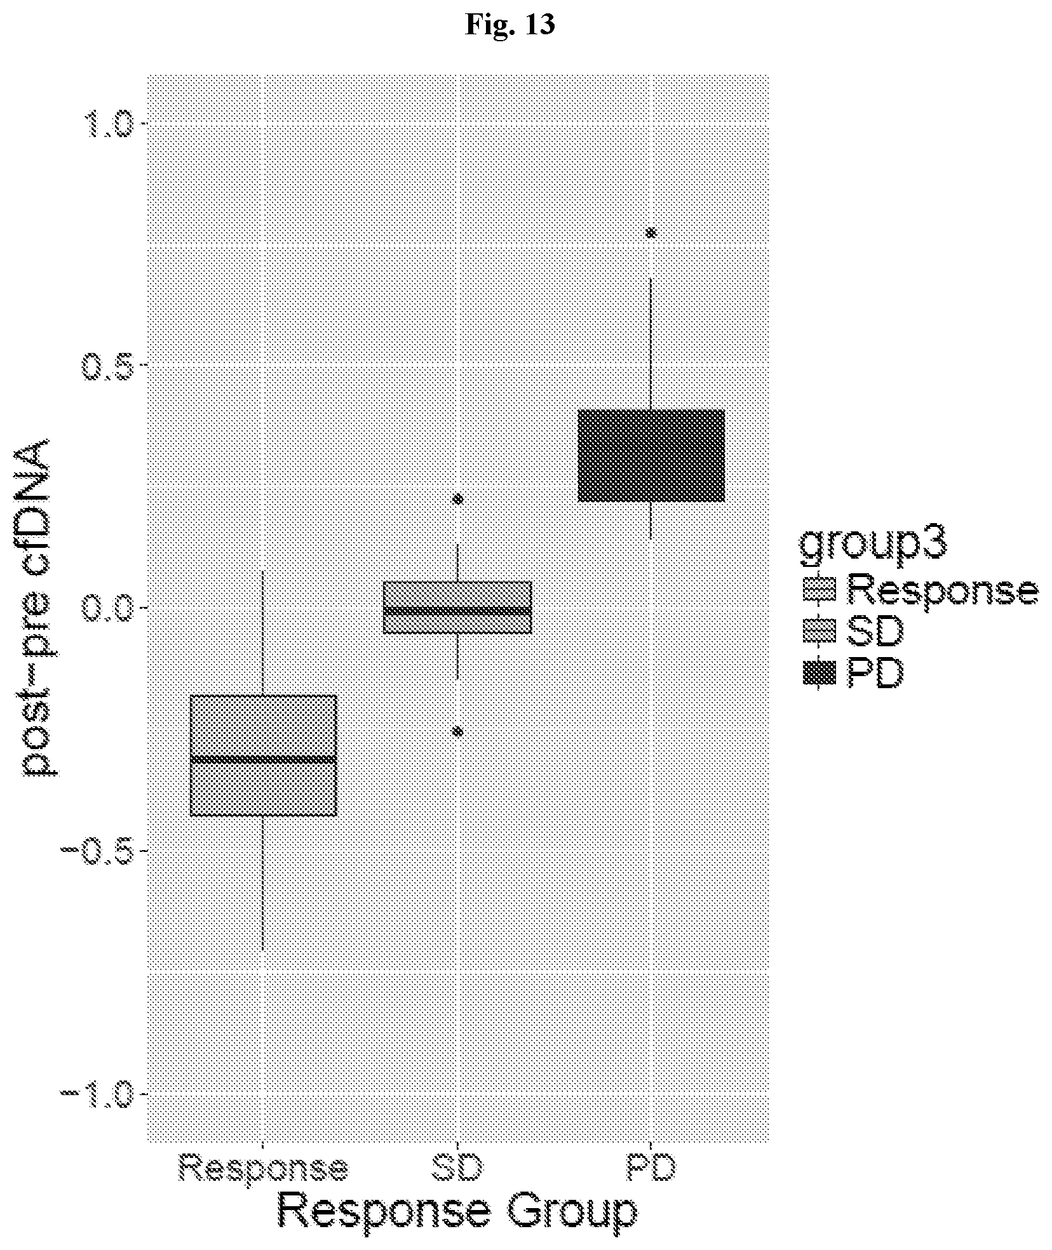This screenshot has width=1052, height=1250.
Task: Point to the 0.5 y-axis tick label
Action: coord(107,365)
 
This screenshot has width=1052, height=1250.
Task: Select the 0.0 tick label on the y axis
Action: coord(107,608)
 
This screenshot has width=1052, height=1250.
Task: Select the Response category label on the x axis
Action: coord(264,1167)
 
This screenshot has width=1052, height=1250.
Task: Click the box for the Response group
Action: coord(264,755)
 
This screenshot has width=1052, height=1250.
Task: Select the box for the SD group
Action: coord(457,608)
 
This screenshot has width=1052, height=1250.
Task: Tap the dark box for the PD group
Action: coord(651,456)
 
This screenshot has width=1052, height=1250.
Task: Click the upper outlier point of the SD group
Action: coord(458,498)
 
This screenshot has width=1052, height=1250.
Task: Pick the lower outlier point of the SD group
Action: coord(458,731)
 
